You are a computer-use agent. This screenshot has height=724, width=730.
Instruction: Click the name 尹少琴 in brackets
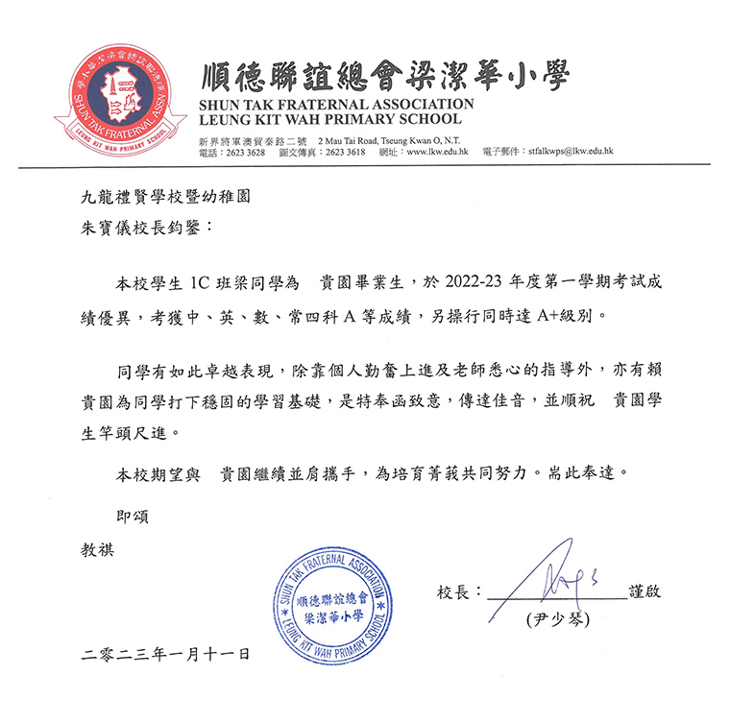pos(556,619)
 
